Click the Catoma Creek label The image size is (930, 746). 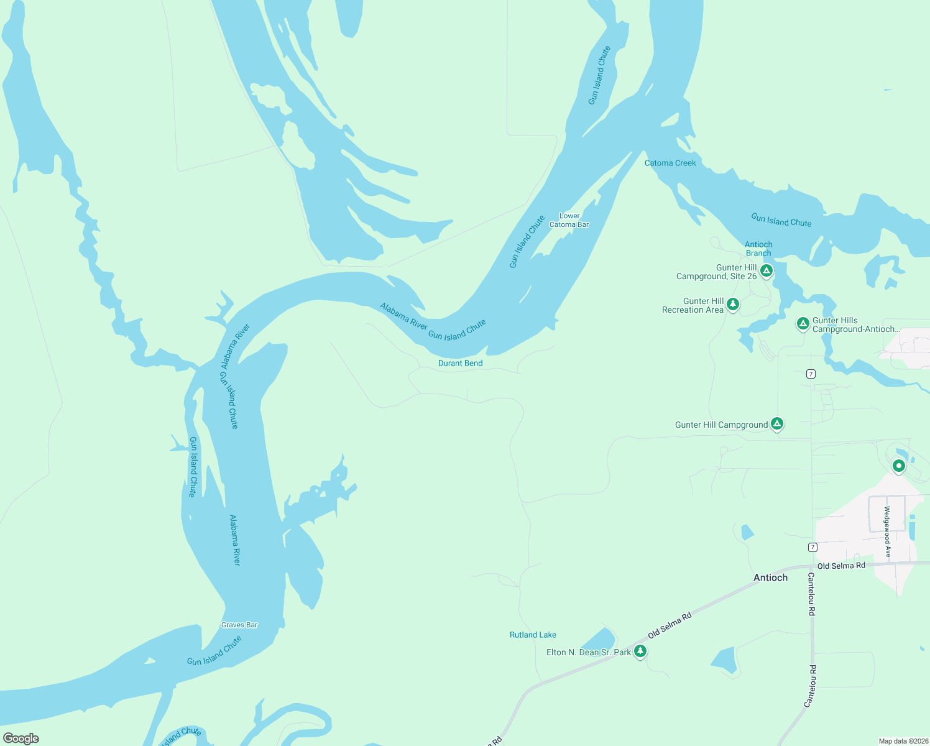[670, 163]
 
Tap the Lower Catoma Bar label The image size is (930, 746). [569, 220]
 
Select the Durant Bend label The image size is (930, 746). [460, 363]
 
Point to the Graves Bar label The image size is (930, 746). [239, 625]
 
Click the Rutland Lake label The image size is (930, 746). [533, 635]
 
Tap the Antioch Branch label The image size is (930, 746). [758, 249]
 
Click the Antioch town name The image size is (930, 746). [770, 578]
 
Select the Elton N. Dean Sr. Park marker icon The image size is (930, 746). [640, 651]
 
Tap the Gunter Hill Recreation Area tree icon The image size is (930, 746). [733, 304]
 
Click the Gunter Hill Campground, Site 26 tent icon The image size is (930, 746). [767, 270]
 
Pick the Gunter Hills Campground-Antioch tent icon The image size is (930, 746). [803, 323]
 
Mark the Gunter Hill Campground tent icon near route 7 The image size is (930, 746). [776, 423]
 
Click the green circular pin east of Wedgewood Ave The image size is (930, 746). [898, 465]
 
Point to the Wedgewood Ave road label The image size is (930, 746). [887, 532]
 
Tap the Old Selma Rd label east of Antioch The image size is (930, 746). [840, 566]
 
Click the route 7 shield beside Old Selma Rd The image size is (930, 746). [813, 547]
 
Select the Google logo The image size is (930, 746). [21, 738]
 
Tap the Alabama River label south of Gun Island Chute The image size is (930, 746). [234, 540]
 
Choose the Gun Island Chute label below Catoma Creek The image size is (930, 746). [781, 220]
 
